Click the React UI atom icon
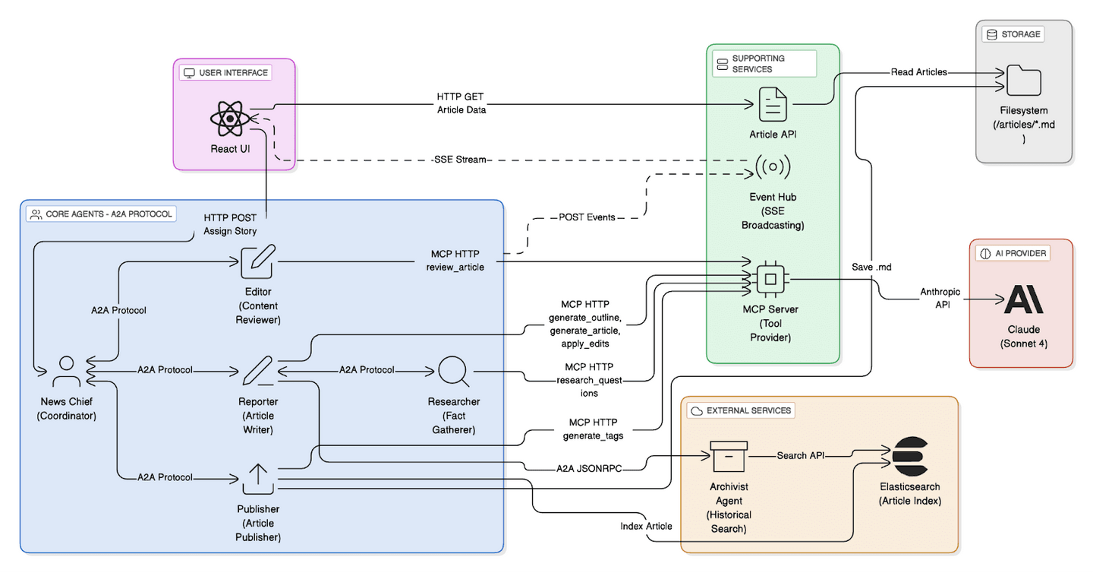tap(229, 119)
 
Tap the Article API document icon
tap(773, 104)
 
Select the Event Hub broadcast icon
tap(773, 166)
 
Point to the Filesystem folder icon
tap(1023, 81)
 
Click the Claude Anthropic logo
tap(1023, 299)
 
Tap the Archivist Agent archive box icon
tap(729, 457)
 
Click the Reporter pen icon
tap(258, 372)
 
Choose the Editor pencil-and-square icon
tap(258, 262)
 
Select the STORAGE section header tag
tap(1013, 34)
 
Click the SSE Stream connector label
tap(459, 160)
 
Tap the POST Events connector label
tap(587, 217)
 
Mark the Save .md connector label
tap(871, 267)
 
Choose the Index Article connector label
tap(646, 527)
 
